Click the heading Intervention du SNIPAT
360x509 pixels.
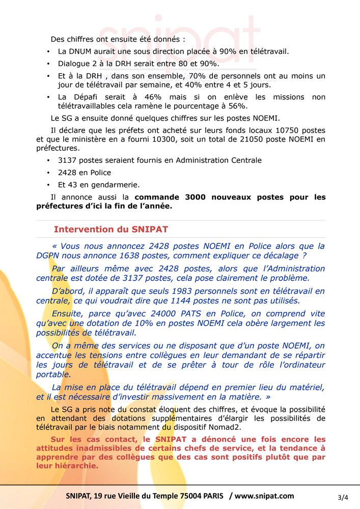110,230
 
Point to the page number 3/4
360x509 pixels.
343,497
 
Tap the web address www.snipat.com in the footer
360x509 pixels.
264,496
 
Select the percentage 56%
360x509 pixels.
236,106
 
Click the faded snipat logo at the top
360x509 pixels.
177,38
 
